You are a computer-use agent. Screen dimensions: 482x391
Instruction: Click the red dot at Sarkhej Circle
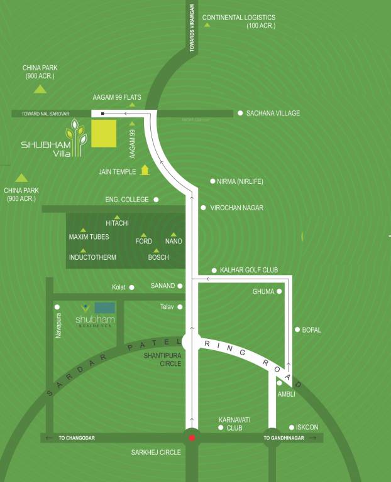point(192,437)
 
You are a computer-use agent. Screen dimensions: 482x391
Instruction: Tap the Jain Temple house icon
point(145,169)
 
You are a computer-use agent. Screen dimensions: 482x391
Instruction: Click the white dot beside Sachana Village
point(240,114)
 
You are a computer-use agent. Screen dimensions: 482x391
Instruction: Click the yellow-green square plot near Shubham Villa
point(104,134)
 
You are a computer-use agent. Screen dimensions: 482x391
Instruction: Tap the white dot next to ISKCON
point(292,427)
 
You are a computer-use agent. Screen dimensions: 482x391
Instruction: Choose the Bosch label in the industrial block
point(158,257)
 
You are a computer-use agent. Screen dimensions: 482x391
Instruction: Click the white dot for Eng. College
point(157,200)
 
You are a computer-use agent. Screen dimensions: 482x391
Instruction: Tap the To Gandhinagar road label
point(288,438)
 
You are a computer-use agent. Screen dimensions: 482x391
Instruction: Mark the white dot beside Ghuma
point(280,292)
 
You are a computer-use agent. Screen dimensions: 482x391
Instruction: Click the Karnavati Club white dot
point(221,428)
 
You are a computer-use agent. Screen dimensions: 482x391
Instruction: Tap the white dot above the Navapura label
point(57,307)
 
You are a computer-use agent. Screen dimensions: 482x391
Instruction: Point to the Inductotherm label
point(92,257)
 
